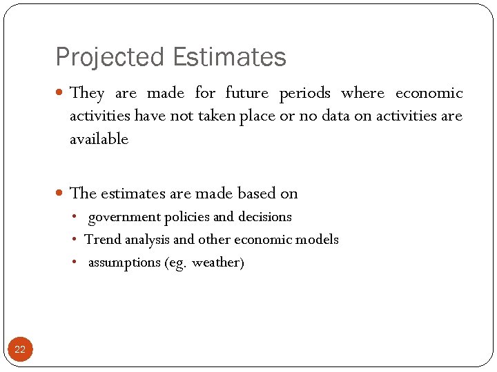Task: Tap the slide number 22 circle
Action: pyautogui.click(x=19, y=349)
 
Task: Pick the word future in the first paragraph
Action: pyautogui.click(x=246, y=93)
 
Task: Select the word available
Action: pyautogui.click(x=99, y=139)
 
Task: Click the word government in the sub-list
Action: pyautogui.click(x=124, y=218)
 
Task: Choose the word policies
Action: pyautogui.click(x=187, y=217)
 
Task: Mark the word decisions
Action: pyautogui.click(x=265, y=217)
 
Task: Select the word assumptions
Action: pyautogui.click(x=124, y=263)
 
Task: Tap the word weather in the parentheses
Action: pyautogui.click(x=216, y=263)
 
